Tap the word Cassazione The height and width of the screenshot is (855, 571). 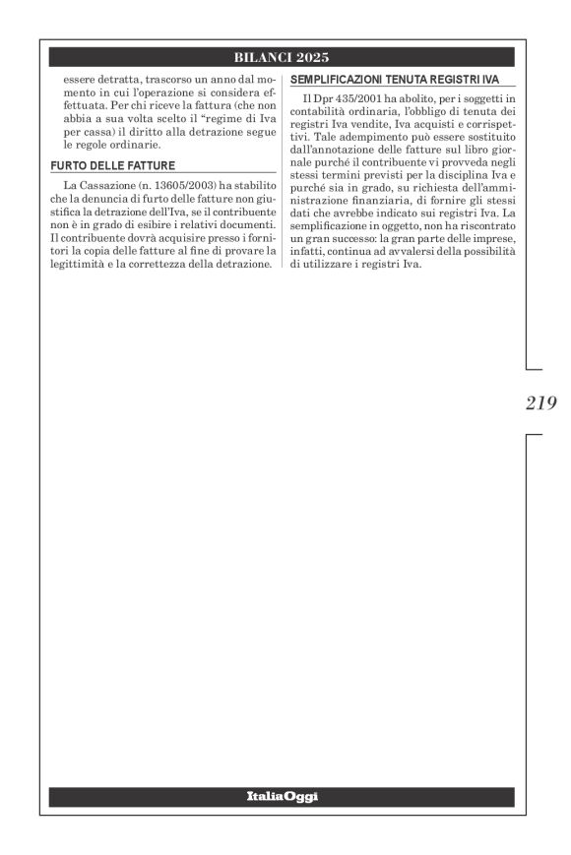[x=101, y=184]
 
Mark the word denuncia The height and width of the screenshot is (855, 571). [x=103, y=198]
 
